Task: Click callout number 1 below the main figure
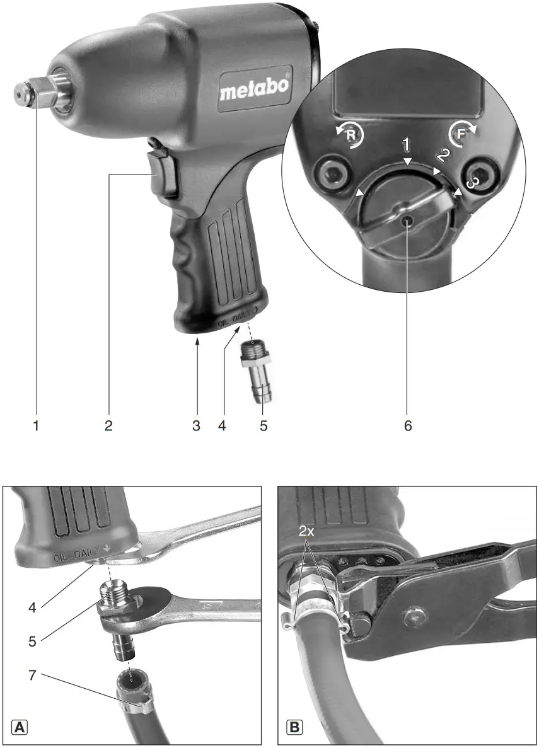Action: (x=36, y=426)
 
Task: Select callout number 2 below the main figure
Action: (x=108, y=426)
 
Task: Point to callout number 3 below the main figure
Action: (x=196, y=426)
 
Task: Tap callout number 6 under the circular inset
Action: (x=408, y=426)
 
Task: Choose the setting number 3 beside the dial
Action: (x=470, y=183)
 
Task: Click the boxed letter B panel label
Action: (x=294, y=727)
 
